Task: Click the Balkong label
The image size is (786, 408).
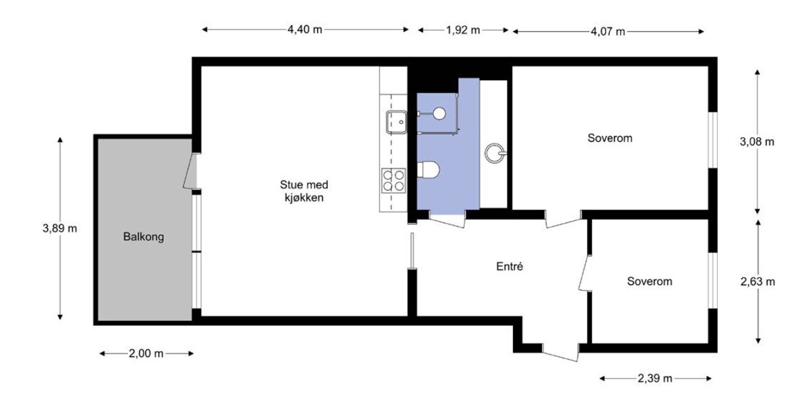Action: click(x=144, y=237)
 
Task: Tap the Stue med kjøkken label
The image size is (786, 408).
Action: click(x=304, y=191)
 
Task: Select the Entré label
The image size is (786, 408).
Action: click(x=509, y=267)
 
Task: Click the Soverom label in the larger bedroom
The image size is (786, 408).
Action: click(x=609, y=138)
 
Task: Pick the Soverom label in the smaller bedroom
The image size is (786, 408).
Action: click(x=649, y=281)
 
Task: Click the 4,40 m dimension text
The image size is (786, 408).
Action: click(x=305, y=30)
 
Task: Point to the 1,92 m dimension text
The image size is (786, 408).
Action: click(x=463, y=31)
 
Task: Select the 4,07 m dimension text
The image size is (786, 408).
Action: click(x=608, y=31)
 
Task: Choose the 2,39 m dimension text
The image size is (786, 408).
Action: click(x=655, y=378)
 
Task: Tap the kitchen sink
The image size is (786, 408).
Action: click(x=396, y=120)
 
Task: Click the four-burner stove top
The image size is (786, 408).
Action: click(x=393, y=180)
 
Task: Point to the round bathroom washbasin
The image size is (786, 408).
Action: click(x=495, y=152)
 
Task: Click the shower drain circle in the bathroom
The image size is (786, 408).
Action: click(x=438, y=113)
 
